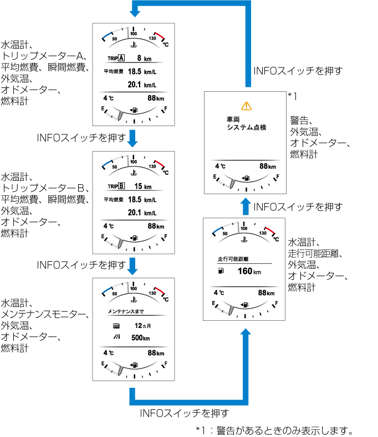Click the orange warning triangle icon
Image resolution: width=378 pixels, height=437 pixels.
[246, 105]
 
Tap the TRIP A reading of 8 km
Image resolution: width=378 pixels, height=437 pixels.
[143, 58]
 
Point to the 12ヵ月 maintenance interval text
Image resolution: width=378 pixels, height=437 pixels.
[142, 326]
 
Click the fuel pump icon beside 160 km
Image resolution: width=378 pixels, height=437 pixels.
[222, 271]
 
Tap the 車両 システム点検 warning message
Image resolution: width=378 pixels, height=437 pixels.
[246, 123]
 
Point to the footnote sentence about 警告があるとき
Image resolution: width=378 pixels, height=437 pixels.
[274, 430]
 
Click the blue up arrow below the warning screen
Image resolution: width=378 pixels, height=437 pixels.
[246, 206]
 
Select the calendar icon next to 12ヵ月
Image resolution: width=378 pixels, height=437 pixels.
[115, 326]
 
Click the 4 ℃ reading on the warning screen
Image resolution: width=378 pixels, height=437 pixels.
[220, 166]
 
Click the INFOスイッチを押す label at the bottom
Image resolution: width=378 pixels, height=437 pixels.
[184, 412]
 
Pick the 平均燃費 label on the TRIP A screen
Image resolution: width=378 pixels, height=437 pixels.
[113, 71]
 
